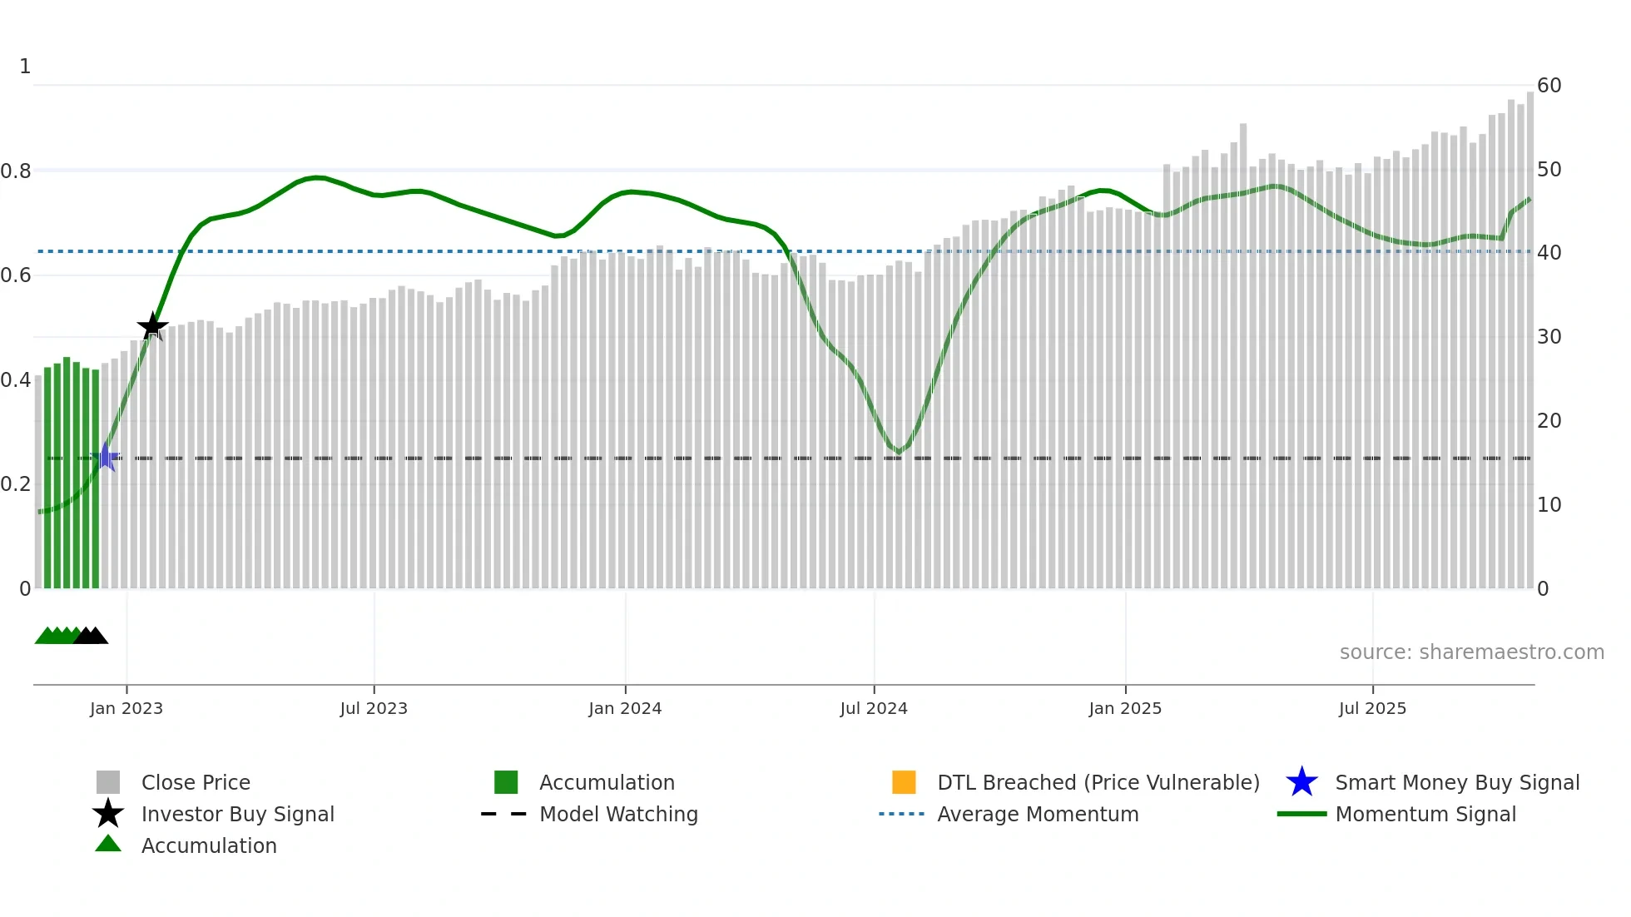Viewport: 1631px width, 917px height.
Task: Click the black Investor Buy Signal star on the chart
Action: click(152, 326)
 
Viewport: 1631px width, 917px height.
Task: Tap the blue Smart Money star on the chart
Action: click(106, 457)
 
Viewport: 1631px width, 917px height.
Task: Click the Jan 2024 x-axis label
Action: click(625, 708)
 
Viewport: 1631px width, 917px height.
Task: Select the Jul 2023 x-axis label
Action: click(374, 708)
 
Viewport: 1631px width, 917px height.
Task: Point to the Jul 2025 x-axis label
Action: click(1372, 708)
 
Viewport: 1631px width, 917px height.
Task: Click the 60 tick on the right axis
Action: click(1549, 86)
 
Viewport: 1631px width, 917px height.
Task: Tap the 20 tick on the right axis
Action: click(1549, 421)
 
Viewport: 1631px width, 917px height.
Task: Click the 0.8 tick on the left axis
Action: click(16, 171)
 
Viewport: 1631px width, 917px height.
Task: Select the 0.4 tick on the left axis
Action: click(16, 380)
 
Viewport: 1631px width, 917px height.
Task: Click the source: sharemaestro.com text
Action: click(1471, 652)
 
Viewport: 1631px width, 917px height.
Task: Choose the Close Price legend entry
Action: click(196, 782)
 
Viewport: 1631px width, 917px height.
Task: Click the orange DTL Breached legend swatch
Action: click(904, 782)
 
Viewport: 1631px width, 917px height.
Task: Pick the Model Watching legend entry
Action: click(618, 814)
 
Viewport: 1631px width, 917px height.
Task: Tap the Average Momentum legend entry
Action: click(1038, 814)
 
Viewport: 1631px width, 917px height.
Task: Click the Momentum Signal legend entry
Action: click(1425, 814)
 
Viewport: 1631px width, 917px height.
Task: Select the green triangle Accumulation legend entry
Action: click(209, 845)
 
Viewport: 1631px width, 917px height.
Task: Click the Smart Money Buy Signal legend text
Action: click(1457, 782)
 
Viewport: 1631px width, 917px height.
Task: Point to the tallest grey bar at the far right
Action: click(1529, 333)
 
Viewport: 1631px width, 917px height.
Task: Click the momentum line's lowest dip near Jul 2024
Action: click(898, 452)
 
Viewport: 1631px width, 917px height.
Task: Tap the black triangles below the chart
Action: click(91, 636)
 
